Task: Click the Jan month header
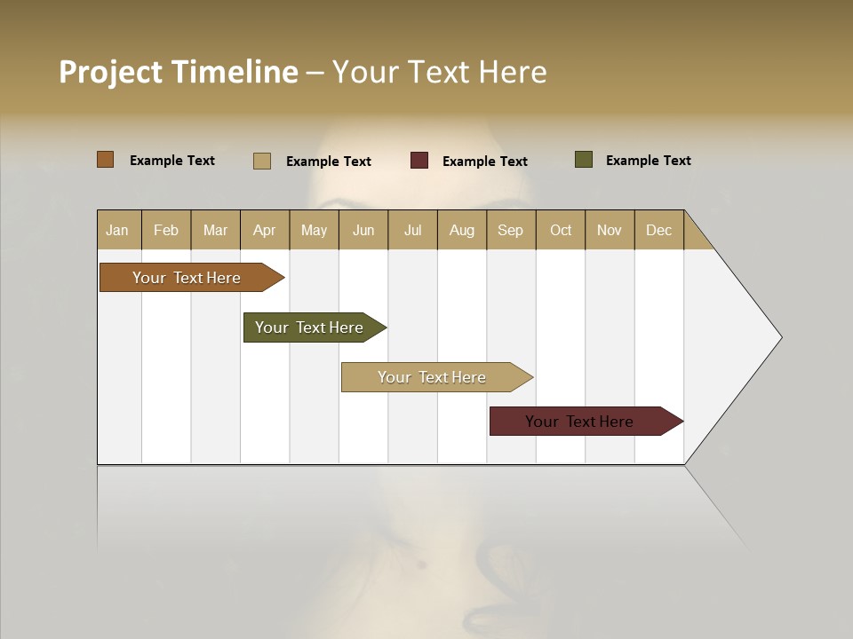[117, 230]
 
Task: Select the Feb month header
[166, 230]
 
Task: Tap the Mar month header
[215, 230]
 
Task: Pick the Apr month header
[265, 230]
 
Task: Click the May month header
[314, 230]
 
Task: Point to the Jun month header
[363, 230]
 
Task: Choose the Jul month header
[412, 230]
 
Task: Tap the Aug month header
[462, 230]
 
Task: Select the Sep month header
[511, 230]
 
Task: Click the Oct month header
[561, 230]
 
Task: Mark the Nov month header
[610, 230]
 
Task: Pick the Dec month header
[659, 230]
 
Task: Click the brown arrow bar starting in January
[187, 278]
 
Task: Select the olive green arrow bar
[310, 327]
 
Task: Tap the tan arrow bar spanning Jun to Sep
[433, 377]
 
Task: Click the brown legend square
[105, 160]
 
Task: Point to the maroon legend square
[419, 161]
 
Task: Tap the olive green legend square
[583, 160]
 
